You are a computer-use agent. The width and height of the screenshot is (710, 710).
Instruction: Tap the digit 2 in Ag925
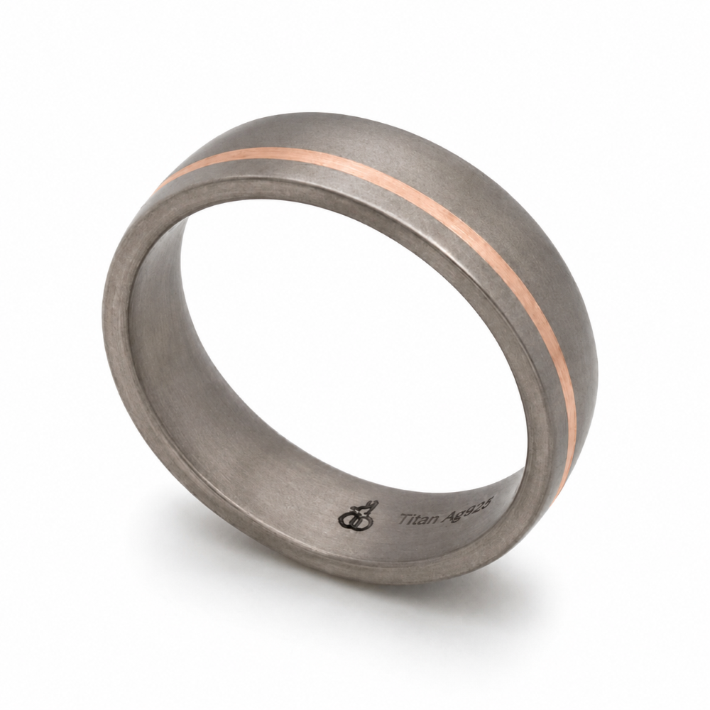pos(481,502)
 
